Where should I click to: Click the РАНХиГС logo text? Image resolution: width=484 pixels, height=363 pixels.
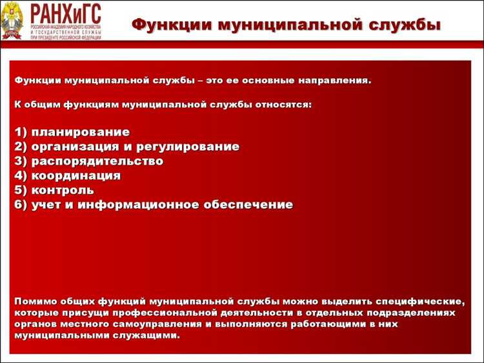pos(65,14)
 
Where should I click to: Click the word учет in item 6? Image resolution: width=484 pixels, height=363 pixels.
pos(46,205)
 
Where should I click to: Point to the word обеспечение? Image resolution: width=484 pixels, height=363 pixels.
pos(248,205)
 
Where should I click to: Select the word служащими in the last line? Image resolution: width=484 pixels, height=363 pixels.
pos(143,336)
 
